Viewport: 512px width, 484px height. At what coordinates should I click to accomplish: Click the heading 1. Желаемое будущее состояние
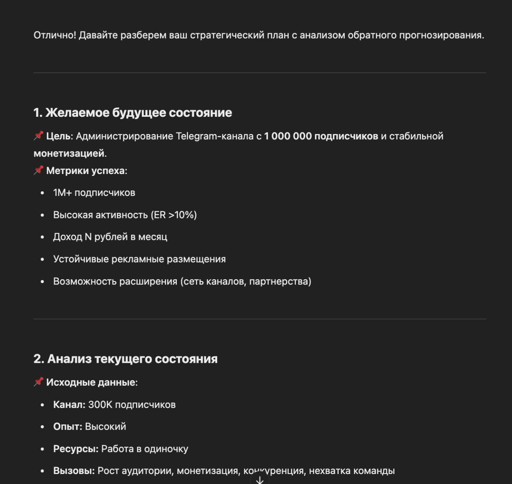coord(132,113)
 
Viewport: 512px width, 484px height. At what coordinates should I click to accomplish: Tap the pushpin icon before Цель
coord(38,136)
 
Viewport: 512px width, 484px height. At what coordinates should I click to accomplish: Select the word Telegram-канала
coord(215,136)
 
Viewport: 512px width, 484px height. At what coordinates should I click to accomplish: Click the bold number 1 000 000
coord(288,136)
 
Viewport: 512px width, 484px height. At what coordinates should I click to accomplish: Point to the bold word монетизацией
coord(69,153)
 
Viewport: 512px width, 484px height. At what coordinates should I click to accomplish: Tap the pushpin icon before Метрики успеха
coord(38,170)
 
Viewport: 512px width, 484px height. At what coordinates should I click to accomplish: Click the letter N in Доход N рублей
coord(88,237)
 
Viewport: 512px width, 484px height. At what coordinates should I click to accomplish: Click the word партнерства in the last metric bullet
coord(279,282)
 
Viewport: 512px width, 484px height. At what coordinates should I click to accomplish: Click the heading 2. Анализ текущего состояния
coord(125,359)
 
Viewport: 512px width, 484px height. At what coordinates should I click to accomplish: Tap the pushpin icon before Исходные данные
coord(38,382)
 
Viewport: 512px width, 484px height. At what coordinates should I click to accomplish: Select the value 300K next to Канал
coord(100,405)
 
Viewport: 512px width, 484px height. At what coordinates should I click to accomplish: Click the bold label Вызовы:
coord(74,471)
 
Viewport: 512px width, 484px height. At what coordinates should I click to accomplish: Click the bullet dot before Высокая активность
coord(42,215)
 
